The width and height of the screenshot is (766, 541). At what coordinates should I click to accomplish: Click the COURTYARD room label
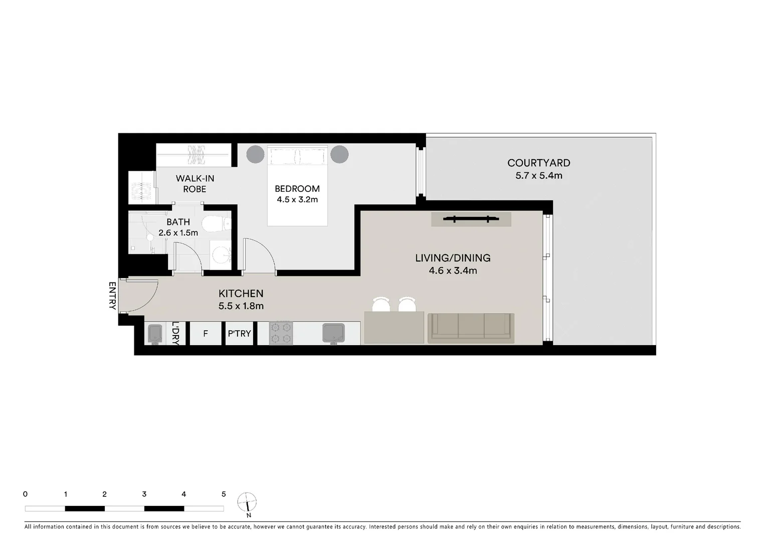(538, 163)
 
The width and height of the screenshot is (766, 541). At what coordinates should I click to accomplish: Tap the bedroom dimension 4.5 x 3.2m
(297, 199)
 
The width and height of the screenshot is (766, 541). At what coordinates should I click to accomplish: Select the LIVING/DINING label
(453, 258)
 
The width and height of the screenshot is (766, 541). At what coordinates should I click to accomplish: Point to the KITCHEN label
(241, 294)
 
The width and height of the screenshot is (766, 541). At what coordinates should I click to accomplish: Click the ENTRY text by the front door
(112, 296)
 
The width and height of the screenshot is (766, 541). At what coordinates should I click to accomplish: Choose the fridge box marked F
(206, 334)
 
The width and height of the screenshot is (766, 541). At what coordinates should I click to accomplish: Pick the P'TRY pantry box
(239, 334)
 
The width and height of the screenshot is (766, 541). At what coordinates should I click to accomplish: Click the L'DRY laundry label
(175, 333)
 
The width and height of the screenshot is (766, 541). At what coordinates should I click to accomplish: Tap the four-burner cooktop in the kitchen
(281, 333)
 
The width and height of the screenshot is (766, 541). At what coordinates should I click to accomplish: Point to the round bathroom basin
(221, 254)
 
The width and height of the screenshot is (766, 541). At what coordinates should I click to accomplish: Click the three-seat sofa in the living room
(471, 328)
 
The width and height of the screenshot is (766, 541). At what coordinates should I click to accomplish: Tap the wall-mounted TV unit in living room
(471, 219)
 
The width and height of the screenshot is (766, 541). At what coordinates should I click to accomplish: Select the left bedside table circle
(255, 154)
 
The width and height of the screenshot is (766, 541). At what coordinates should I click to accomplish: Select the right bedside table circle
(339, 154)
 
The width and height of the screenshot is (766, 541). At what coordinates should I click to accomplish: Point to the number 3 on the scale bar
(144, 494)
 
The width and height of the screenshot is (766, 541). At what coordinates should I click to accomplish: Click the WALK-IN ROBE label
(195, 184)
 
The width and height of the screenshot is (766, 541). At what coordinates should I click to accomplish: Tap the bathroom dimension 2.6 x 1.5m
(178, 233)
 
